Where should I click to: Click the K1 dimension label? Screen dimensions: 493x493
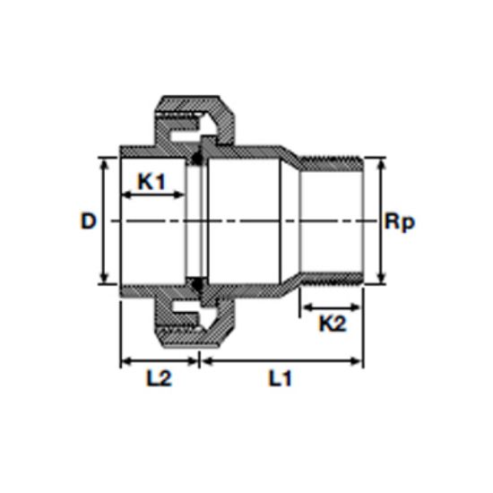tap(151, 181)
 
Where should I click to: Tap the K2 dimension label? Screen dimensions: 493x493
tap(333, 324)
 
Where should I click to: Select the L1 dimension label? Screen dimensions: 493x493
tap(280, 378)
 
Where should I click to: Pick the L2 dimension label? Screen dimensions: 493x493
tap(159, 378)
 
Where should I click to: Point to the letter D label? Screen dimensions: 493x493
tap(88, 221)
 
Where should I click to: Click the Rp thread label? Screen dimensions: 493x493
tap(400, 222)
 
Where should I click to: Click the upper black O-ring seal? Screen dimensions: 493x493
tap(197, 158)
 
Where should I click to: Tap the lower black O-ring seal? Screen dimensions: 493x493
tap(197, 284)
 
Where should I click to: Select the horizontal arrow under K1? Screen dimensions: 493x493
tap(152, 195)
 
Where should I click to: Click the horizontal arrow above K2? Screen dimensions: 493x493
tap(332, 307)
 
